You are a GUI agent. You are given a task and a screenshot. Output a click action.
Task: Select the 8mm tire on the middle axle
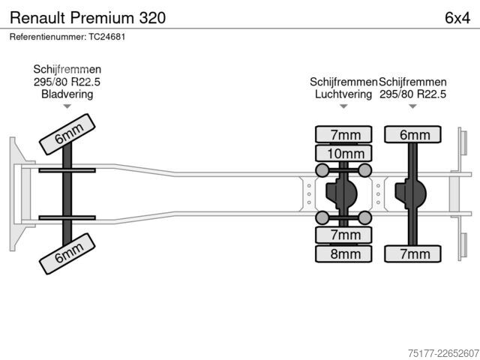(343, 253)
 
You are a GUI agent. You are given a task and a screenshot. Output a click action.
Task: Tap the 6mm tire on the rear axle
(412, 134)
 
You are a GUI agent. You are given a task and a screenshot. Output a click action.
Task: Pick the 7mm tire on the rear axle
(412, 253)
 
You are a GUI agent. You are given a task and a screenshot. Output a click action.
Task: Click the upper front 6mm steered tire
(67, 134)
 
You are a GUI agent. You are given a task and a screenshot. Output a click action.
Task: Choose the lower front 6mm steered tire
(67, 253)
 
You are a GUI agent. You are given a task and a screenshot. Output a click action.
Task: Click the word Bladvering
(67, 94)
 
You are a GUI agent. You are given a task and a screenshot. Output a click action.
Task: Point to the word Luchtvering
(343, 94)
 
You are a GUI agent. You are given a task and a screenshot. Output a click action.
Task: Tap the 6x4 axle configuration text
(457, 18)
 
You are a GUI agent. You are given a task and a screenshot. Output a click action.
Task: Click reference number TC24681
(106, 37)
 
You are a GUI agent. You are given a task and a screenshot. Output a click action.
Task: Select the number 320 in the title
(152, 18)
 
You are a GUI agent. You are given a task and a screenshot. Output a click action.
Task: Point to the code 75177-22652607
(443, 353)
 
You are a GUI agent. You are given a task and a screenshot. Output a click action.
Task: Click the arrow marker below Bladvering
(67, 106)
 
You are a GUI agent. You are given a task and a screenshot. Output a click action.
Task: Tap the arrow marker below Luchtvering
(343, 106)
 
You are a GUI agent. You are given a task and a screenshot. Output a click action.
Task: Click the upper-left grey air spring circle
(322, 170)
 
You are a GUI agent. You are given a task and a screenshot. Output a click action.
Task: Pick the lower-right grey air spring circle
(364, 218)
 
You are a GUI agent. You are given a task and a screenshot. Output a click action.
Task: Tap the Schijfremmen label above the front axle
(67, 69)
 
